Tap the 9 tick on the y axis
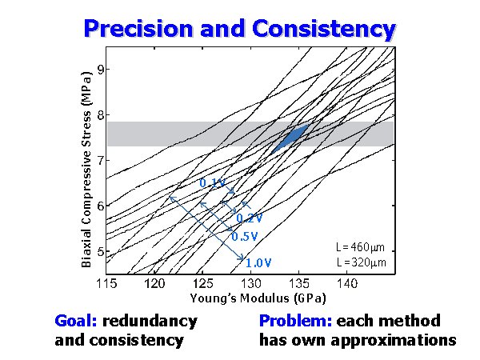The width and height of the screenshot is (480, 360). click(x=100, y=70)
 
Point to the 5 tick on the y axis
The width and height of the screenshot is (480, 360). click(x=100, y=252)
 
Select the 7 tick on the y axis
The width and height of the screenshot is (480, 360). click(x=100, y=161)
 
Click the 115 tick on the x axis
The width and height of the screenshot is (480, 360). click(x=106, y=284)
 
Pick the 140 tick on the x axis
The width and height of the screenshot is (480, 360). click(x=347, y=284)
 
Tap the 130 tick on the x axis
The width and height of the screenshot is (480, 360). click(x=251, y=284)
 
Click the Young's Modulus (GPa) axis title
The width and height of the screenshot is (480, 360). click(x=250, y=298)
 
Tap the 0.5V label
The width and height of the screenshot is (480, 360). click(x=244, y=237)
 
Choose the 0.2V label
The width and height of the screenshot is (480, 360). click(x=250, y=218)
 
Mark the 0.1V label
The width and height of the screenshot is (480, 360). click(x=212, y=184)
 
